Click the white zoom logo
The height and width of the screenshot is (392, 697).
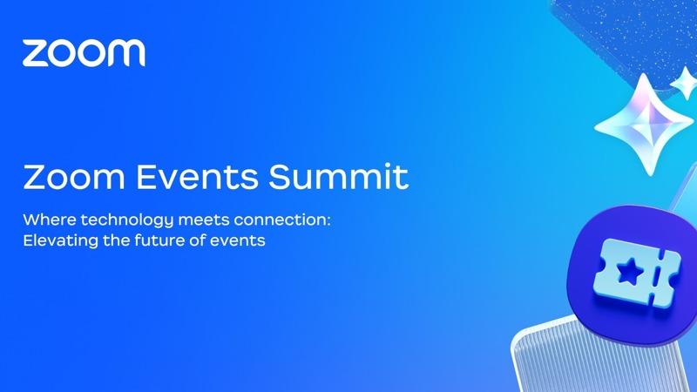click(x=84, y=52)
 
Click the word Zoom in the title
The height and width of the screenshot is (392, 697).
click(x=74, y=177)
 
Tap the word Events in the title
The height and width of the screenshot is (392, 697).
click(x=197, y=177)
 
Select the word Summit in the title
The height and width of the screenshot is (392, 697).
click(x=338, y=177)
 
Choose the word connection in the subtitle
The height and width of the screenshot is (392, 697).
click(x=281, y=220)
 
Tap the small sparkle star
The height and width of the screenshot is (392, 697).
click(x=684, y=83)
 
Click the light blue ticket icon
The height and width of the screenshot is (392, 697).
click(x=637, y=274)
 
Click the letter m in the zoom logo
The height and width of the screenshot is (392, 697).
click(x=126, y=53)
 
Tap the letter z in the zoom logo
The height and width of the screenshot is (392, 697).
click(x=35, y=54)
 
